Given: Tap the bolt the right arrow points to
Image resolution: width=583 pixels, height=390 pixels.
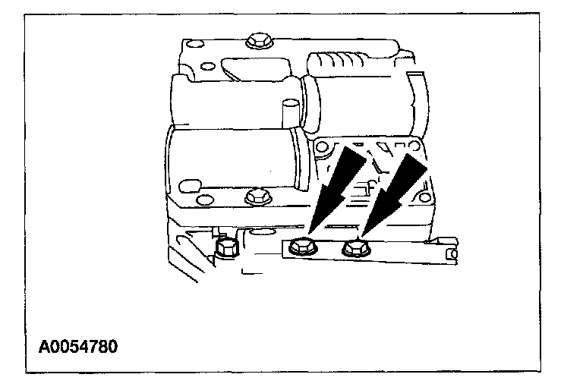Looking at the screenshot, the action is point(354,246).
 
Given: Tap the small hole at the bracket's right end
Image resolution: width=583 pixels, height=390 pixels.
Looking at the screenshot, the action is point(453,252).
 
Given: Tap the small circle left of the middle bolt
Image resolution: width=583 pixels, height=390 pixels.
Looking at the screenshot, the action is point(203,199).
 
